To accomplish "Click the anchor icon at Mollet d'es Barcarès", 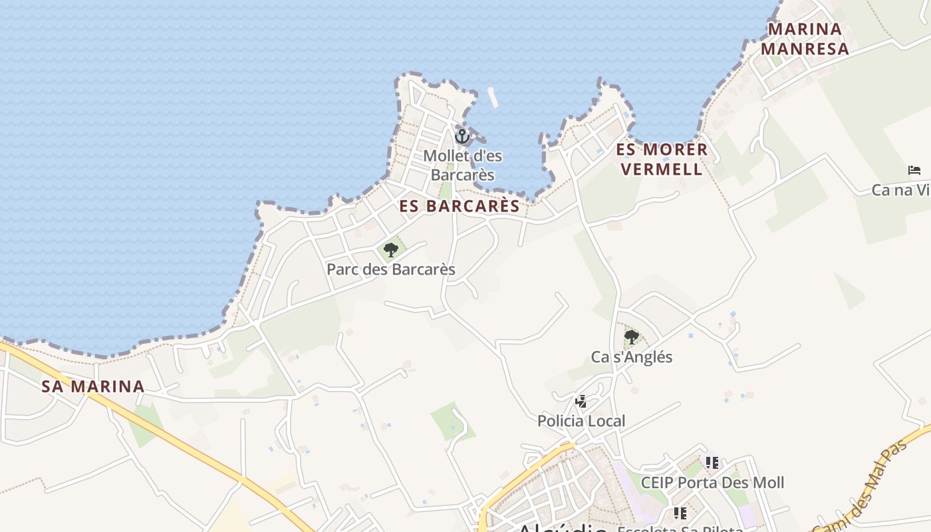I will (462, 136).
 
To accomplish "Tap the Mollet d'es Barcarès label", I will (463, 166).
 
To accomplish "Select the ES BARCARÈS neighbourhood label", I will (460, 206).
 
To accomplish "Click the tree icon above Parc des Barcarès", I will (391, 250).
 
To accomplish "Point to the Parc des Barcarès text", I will (391, 269).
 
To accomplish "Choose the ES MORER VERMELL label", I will (662, 159).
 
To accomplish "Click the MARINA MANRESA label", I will (805, 39).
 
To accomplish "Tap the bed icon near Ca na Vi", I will (914, 170).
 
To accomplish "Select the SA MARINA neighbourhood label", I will (93, 386).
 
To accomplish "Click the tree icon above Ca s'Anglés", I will (632, 337).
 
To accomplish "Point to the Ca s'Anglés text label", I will (632, 357).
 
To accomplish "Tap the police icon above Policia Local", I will (581, 401).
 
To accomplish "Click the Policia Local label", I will (581, 421).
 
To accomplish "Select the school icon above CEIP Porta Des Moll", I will (712, 462).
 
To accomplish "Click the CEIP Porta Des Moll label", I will (712, 482).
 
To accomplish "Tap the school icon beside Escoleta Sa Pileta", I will (680, 513).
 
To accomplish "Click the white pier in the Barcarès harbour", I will (493, 98).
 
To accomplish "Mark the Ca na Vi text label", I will (901, 190).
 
